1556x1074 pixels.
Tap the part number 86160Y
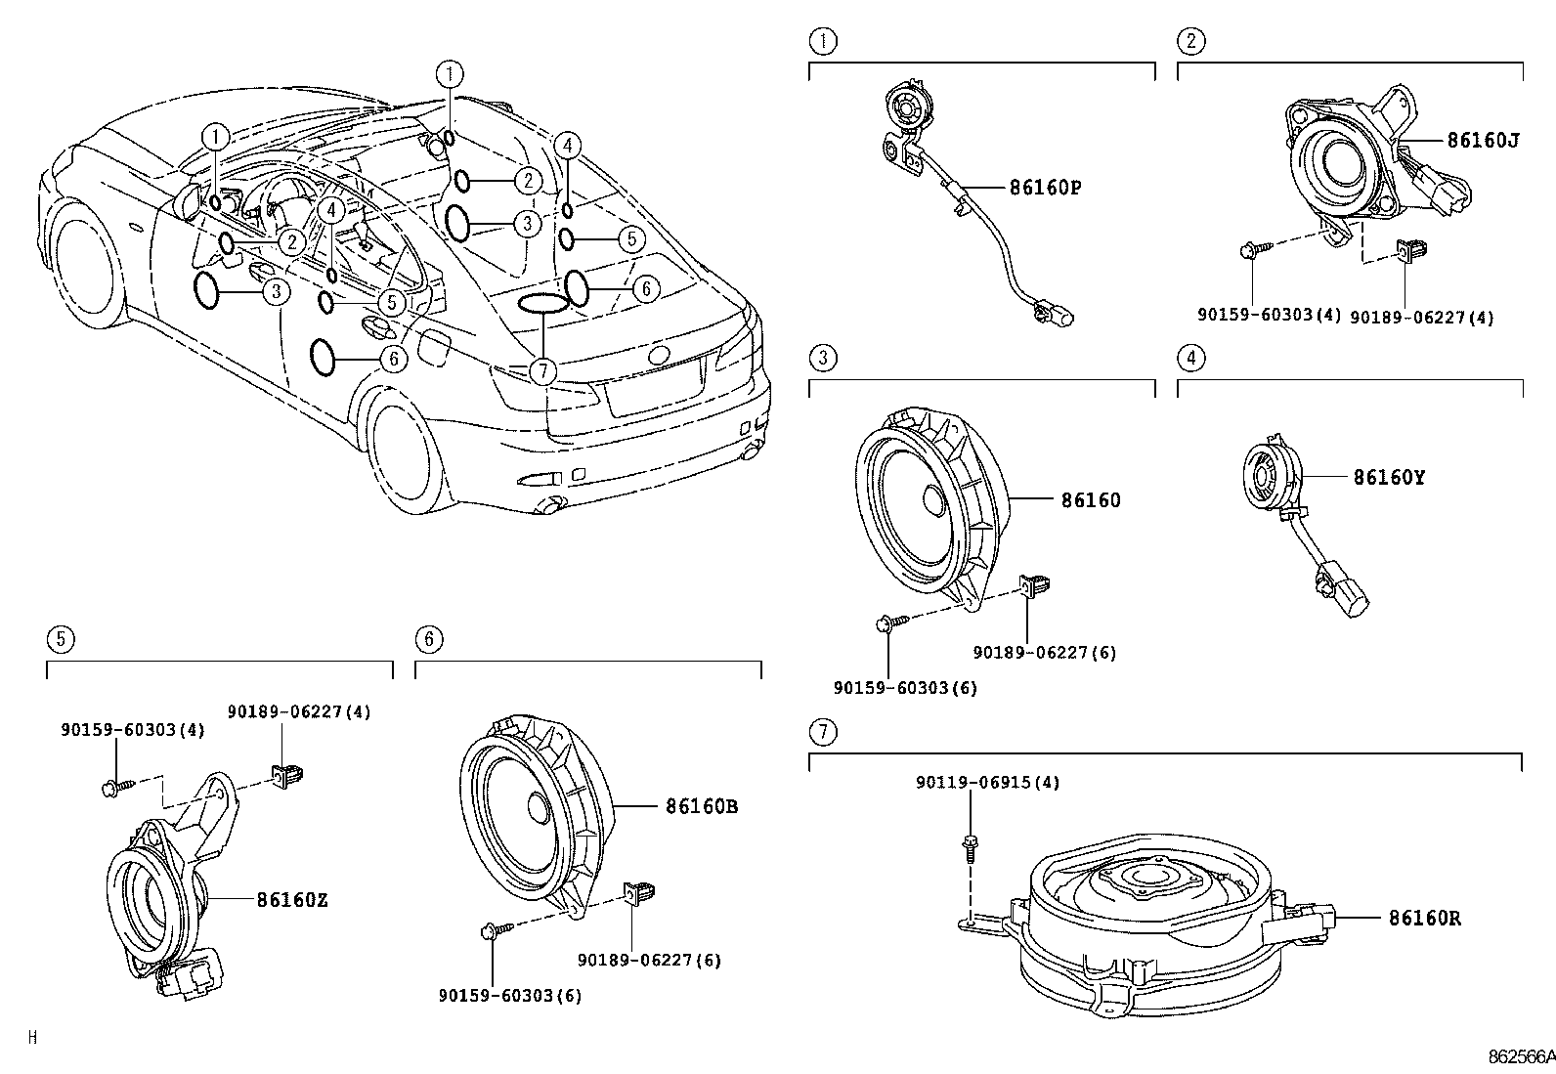point(1389,478)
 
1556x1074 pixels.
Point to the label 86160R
point(1424,919)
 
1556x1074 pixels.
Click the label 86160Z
point(292,900)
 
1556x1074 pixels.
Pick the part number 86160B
point(702,807)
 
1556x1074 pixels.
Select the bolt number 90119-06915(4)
point(987,783)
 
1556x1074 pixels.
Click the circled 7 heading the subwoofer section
point(823,731)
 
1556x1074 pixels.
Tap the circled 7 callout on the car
point(542,370)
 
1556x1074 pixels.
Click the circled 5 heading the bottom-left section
point(61,639)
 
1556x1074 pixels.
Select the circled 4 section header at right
point(1190,358)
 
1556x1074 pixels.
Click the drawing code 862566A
point(1520,1057)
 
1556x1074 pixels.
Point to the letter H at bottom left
point(32,1038)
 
